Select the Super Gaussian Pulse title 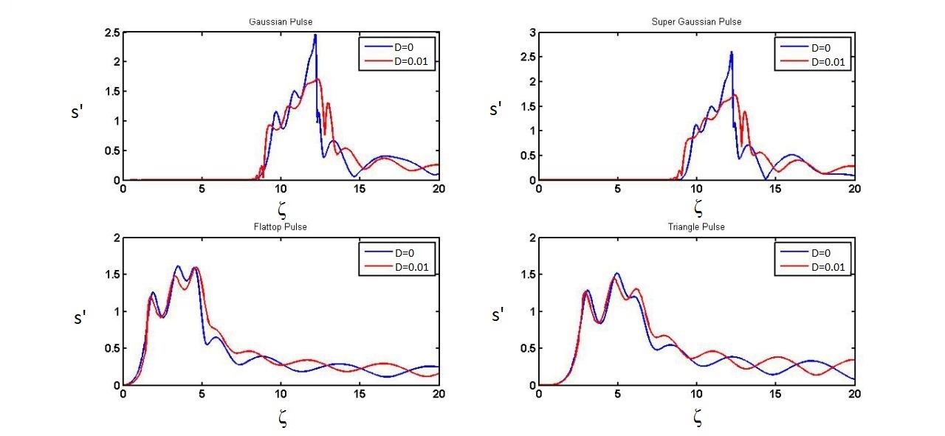point(696,22)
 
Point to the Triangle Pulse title point(696,226)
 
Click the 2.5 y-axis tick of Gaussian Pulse point(112,33)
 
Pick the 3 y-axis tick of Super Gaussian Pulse point(530,33)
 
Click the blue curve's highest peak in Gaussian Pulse point(315,35)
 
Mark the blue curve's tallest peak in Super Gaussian point(731,52)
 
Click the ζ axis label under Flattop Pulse point(281,419)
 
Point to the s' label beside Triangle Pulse point(498,316)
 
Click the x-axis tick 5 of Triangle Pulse point(617,393)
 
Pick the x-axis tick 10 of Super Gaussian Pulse point(696,188)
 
